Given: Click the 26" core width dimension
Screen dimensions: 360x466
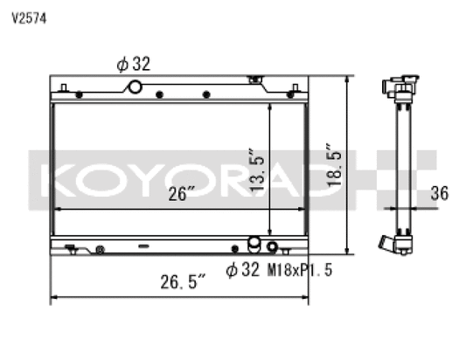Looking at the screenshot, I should click(x=181, y=195).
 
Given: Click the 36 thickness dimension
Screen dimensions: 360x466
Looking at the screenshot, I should click(x=440, y=193).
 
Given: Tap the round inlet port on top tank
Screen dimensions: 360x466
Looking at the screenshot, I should click(x=135, y=87).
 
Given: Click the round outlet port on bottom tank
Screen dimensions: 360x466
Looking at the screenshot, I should click(x=254, y=242).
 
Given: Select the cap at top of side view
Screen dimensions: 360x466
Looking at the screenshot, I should click(x=399, y=86).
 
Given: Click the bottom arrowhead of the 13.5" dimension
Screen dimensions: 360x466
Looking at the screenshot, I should click(x=270, y=229).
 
